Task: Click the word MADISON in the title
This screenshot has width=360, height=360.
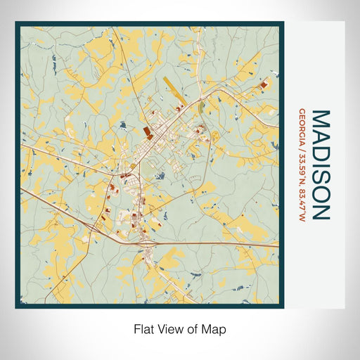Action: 320,164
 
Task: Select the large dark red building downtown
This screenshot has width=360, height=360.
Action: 148,131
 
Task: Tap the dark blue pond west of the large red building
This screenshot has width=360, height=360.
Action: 123,127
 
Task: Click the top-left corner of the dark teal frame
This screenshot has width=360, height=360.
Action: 17,23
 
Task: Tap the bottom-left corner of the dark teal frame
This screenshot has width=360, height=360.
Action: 17,307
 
